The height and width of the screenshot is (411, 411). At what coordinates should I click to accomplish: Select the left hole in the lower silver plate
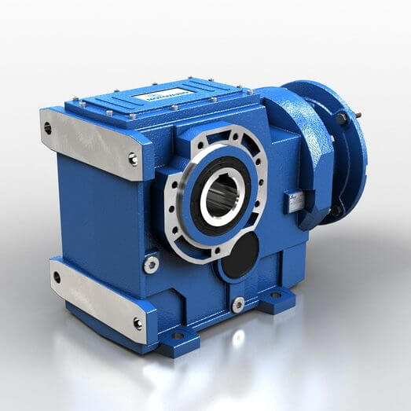(57, 275)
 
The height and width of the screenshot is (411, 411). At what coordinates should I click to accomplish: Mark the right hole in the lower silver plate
(138, 323)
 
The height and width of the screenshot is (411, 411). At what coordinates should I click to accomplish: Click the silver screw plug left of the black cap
(150, 266)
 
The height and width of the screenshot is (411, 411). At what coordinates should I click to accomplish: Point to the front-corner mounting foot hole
(177, 336)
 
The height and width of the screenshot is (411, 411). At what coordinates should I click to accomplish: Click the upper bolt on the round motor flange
(343, 119)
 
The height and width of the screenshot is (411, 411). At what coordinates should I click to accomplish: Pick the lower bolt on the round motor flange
(336, 211)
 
